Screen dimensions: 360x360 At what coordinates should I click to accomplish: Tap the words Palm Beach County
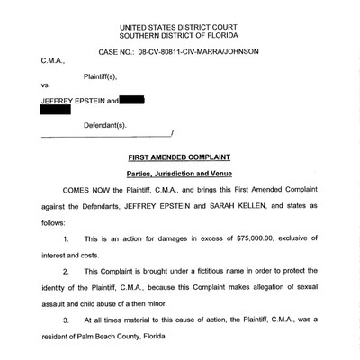click(120, 341)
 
